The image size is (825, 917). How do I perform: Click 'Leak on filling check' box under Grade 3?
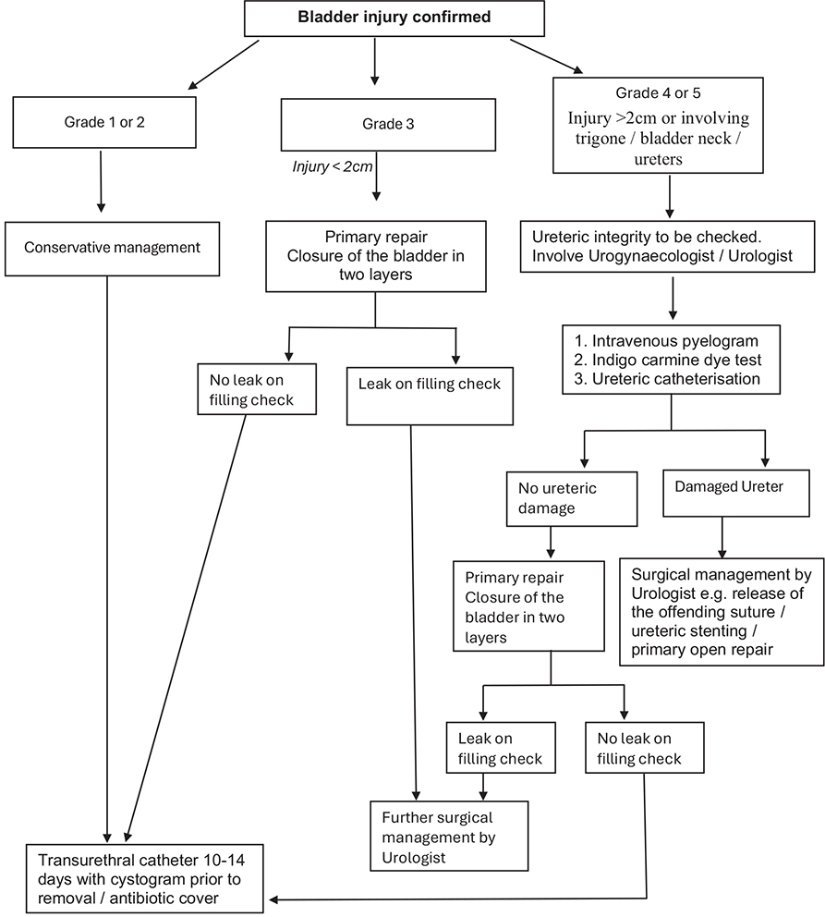point(429,384)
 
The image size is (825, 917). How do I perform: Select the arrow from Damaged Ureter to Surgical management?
point(722,533)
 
